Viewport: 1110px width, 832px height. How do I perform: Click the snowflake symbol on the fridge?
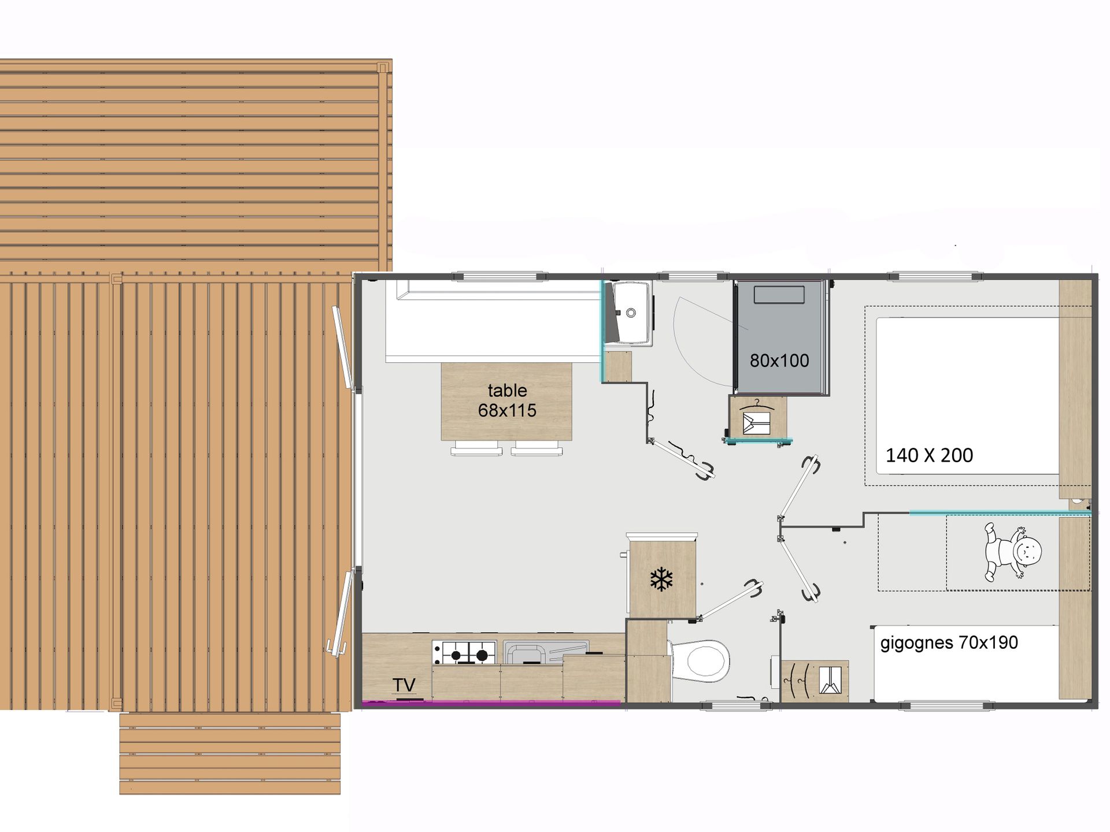(x=662, y=579)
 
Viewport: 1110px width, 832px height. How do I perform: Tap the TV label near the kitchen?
(x=404, y=685)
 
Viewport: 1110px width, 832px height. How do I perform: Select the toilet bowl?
(x=700, y=660)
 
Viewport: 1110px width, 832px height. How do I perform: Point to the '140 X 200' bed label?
(x=929, y=455)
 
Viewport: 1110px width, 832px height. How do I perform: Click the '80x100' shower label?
(x=779, y=361)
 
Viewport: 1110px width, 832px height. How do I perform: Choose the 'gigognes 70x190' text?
(x=949, y=643)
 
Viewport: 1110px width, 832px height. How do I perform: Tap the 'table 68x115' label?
(x=507, y=400)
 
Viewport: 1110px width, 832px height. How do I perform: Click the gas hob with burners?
(x=464, y=652)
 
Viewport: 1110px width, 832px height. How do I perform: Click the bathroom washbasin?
(x=631, y=313)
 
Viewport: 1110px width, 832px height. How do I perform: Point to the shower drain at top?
(x=779, y=294)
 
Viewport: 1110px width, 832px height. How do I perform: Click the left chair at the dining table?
(x=476, y=448)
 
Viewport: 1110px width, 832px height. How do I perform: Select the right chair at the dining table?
(x=537, y=448)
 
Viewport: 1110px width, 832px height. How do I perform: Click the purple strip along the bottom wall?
(x=491, y=703)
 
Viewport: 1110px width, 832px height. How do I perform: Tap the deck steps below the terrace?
(x=230, y=753)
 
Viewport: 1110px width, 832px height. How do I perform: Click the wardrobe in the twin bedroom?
(x=815, y=681)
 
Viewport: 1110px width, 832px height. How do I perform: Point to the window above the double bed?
(x=935, y=276)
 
